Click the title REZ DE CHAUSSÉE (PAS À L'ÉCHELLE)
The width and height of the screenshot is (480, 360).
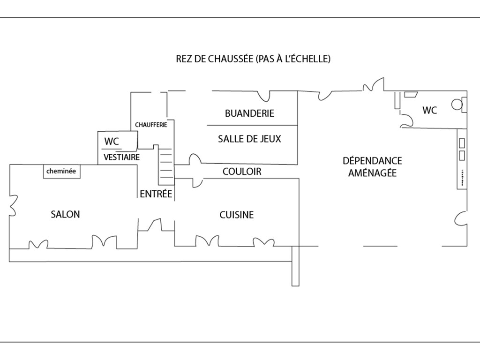(253, 59)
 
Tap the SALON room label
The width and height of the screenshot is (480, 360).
(65, 214)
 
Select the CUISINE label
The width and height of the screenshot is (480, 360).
(237, 215)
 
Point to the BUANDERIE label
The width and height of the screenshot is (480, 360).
(249, 113)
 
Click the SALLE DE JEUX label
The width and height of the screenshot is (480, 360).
(249, 139)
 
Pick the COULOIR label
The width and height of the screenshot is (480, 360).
(242, 172)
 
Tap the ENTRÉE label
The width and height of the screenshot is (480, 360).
(156, 194)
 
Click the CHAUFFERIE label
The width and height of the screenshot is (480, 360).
(151, 125)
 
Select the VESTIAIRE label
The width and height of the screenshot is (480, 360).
(121, 157)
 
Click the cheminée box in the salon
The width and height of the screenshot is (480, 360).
(61, 172)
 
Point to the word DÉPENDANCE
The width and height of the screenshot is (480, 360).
(372, 161)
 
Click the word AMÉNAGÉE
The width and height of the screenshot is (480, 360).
(372, 173)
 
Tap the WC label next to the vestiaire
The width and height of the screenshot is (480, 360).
(112, 142)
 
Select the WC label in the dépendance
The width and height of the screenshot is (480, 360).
(429, 110)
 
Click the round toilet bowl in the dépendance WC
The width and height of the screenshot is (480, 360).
(457, 105)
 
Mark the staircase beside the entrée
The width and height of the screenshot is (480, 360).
(166, 165)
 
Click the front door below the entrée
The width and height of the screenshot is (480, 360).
(155, 225)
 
